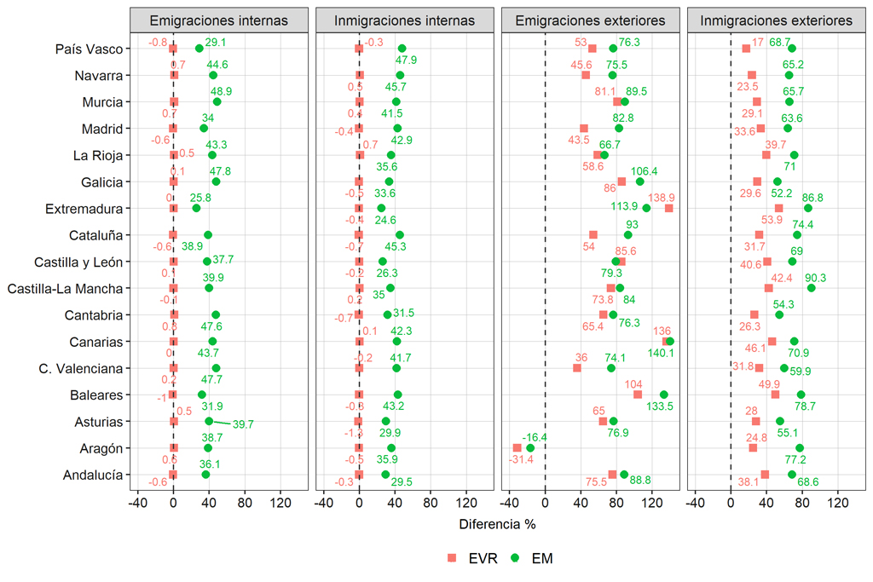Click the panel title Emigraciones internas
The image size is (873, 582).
coord(218,20)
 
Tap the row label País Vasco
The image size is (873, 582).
coord(89,49)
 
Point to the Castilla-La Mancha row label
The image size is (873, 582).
coord(65,289)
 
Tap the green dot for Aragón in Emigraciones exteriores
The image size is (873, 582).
coord(530,448)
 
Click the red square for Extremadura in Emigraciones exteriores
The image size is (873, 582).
coord(668,209)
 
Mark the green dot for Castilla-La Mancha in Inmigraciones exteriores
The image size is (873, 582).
coord(811,288)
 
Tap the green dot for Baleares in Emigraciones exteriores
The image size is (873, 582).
coord(663,395)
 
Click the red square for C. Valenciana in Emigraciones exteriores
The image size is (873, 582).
coord(577,368)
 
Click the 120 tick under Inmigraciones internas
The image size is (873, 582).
coord(465,503)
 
